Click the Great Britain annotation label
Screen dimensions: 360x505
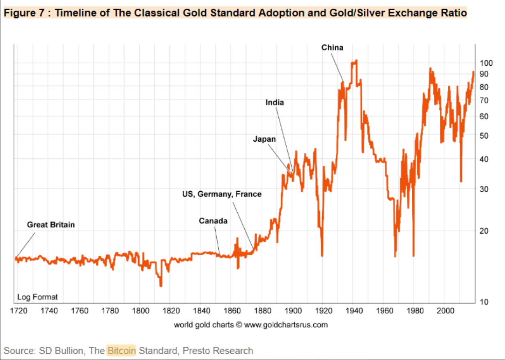click(x=51, y=225)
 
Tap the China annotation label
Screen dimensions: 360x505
click(x=332, y=48)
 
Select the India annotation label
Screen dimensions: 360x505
click(x=275, y=102)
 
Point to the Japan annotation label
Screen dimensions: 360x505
click(x=264, y=139)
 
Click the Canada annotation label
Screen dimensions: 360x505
click(x=213, y=221)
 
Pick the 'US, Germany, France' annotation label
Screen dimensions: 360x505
click(x=222, y=194)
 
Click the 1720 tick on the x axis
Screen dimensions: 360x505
click(x=18, y=310)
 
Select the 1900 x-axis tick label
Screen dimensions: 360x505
click(x=292, y=310)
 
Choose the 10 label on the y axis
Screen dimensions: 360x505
click(x=484, y=302)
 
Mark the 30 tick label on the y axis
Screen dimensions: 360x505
click(x=484, y=189)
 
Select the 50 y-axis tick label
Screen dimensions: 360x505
click(x=484, y=136)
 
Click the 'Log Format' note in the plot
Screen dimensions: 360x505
click(x=37, y=297)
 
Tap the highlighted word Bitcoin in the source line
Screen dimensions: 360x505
click(x=121, y=351)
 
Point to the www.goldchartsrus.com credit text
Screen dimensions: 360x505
click(x=286, y=325)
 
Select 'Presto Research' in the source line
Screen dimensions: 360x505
click(x=218, y=351)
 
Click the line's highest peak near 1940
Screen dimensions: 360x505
click(x=356, y=61)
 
